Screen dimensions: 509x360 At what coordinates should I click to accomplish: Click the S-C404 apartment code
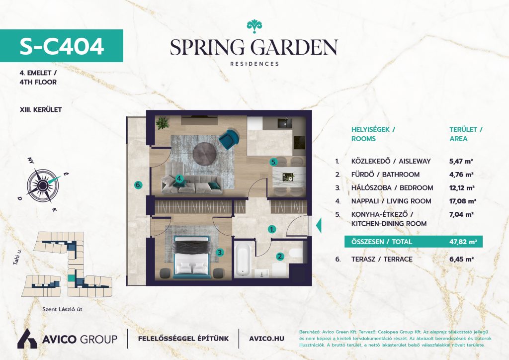62,46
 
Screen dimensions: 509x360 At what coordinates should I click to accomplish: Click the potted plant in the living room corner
162,123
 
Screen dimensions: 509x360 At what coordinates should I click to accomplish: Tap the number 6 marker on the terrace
138,185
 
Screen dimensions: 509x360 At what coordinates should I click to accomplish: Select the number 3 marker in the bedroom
220,252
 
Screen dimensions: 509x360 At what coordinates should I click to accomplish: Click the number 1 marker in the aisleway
272,229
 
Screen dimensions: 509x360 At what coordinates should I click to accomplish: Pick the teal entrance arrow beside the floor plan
319,225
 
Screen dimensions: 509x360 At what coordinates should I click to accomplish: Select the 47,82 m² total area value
463,242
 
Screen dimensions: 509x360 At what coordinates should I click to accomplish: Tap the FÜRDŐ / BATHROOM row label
385,175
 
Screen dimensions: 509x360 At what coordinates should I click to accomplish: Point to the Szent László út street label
62,309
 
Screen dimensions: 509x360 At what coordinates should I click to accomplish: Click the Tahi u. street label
17,257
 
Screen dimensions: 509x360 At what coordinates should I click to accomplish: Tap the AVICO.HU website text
266,339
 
